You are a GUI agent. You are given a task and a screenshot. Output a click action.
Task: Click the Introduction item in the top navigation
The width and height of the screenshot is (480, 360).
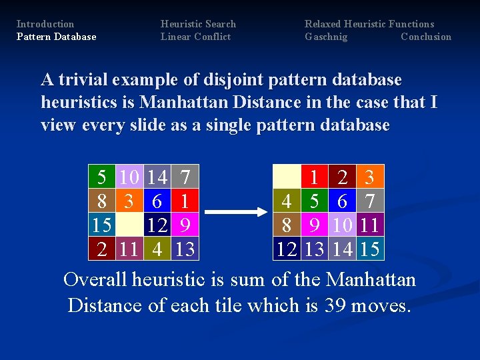coord(45,24)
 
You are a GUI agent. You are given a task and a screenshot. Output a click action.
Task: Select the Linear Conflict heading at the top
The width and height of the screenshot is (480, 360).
coord(195,37)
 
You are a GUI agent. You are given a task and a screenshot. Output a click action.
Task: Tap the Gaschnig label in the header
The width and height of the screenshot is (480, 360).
coord(326,37)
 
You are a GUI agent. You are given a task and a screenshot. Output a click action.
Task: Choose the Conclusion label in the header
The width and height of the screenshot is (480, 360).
coord(426,37)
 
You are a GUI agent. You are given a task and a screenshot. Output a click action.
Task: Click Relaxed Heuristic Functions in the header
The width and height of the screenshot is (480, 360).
coord(369,24)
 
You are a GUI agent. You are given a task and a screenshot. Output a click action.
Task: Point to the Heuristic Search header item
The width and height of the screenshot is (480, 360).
coord(198,24)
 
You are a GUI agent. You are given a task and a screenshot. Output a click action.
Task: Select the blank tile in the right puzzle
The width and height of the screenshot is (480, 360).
coord(287,177)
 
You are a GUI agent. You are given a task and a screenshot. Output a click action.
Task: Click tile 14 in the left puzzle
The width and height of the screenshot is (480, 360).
coord(157,177)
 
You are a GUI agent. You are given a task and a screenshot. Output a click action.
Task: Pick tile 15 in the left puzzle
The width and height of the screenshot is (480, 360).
coord(102,225)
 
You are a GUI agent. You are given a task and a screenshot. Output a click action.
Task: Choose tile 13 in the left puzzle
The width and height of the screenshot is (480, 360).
coord(185,249)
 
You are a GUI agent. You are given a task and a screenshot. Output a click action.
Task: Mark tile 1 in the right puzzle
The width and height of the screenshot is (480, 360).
coord(314,177)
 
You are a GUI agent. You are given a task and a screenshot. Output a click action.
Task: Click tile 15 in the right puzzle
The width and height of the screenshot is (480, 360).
coord(369,249)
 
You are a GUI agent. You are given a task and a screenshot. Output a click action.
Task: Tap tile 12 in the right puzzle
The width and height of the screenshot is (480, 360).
coord(287,249)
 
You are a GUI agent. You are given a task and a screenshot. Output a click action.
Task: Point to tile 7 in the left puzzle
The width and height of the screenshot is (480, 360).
coord(185,177)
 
